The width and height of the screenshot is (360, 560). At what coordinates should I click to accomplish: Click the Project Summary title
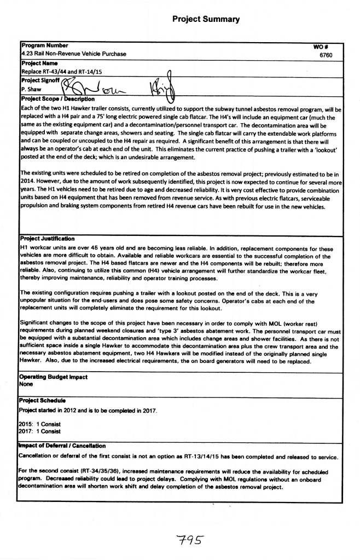pyautogui.click(x=206, y=19)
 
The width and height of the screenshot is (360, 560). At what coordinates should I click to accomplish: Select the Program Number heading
pyautogui.click(x=44, y=45)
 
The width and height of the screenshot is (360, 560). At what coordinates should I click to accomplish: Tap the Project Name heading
pyautogui.click(x=39, y=63)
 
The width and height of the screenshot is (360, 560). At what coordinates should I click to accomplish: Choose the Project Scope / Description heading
pyautogui.click(x=58, y=99)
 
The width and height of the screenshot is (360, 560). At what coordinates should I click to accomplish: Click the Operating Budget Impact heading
pyautogui.click(x=53, y=377)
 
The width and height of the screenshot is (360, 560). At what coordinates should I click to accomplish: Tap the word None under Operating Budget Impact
pyautogui.click(x=26, y=384)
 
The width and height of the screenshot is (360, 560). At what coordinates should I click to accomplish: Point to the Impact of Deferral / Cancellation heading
pyautogui.click(x=62, y=446)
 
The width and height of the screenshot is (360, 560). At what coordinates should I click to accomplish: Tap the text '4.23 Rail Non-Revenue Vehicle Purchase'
pyautogui.click(x=73, y=54)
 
